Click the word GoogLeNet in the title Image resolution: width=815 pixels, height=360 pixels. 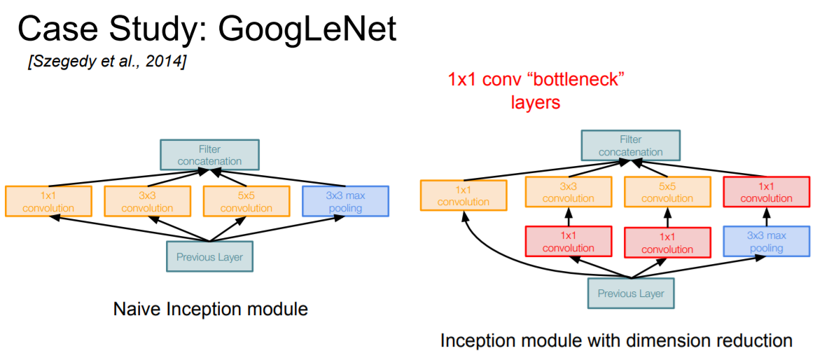click(307, 29)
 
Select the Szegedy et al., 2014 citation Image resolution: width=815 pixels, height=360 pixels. click(106, 62)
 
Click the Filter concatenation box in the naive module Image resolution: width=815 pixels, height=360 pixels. click(209, 155)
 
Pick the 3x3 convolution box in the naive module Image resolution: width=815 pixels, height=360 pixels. click(148, 202)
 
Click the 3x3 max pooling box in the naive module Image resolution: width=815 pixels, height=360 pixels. click(345, 202)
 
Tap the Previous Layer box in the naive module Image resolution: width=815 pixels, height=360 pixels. click(209, 256)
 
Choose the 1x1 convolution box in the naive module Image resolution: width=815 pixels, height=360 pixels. click(48, 202)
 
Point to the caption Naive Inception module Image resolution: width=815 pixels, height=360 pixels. click(211, 308)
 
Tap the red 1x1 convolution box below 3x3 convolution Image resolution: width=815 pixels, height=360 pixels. click(568, 242)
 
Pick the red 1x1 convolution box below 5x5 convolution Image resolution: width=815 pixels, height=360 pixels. click(667, 242)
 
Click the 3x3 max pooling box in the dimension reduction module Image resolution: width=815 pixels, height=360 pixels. click(766, 242)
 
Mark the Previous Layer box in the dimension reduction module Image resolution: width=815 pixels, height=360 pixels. click(631, 293)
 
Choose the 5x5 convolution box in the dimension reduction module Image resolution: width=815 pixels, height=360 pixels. click(667, 192)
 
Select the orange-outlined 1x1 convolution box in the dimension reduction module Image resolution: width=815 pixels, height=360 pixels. click(463, 195)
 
